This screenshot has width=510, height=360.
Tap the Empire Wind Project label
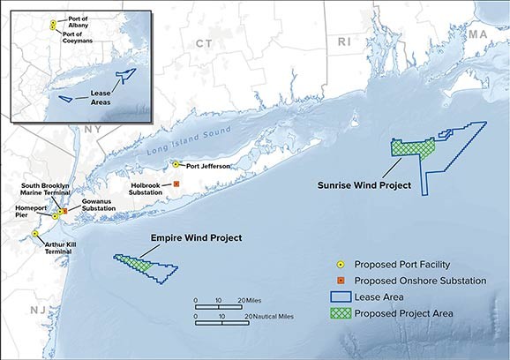click(x=195, y=238)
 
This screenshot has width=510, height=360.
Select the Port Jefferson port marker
click(x=176, y=164)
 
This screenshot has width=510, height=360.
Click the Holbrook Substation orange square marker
click(x=176, y=184)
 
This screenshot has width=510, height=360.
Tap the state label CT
click(x=204, y=43)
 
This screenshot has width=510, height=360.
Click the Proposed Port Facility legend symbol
click(x=337, y=265)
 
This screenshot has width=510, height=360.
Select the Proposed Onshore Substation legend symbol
click(x=337, y=281)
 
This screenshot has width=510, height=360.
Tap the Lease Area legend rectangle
click(x=337, y=296)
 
